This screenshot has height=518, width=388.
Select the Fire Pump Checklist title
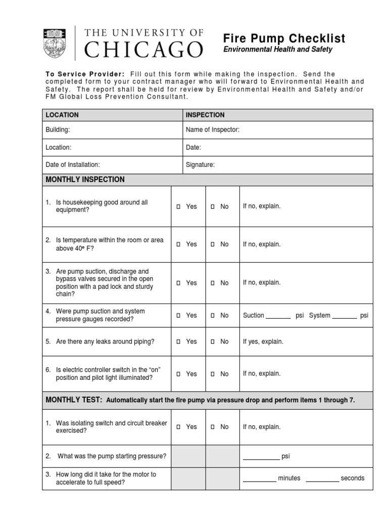tap(284, 38)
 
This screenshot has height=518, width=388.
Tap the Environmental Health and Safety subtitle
tap(278, 50)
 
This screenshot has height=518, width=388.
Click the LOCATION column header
tap(62, 115)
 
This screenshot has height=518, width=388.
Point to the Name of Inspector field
tap(213, 130)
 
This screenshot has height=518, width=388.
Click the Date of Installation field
tap(73, 164)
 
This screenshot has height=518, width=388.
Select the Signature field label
tap(200, 164)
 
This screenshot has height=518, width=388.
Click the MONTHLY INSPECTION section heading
tap(85, 180)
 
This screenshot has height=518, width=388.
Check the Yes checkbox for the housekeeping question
tap(178, 207)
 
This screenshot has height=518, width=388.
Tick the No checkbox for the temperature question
tap(213, 244)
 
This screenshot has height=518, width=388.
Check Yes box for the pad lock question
tap(178, 283)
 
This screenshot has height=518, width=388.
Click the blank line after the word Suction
tap(278, 317)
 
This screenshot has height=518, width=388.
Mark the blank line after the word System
tap(344, 317)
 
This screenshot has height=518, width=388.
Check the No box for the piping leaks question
tap(213, 342)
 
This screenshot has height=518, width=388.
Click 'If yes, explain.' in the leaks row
tap(263, 341)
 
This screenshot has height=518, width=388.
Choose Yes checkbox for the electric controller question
tap(178, 374)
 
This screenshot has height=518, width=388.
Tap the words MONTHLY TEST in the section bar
tap(74, 400)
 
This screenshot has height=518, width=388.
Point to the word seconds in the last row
tap(353, 478)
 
